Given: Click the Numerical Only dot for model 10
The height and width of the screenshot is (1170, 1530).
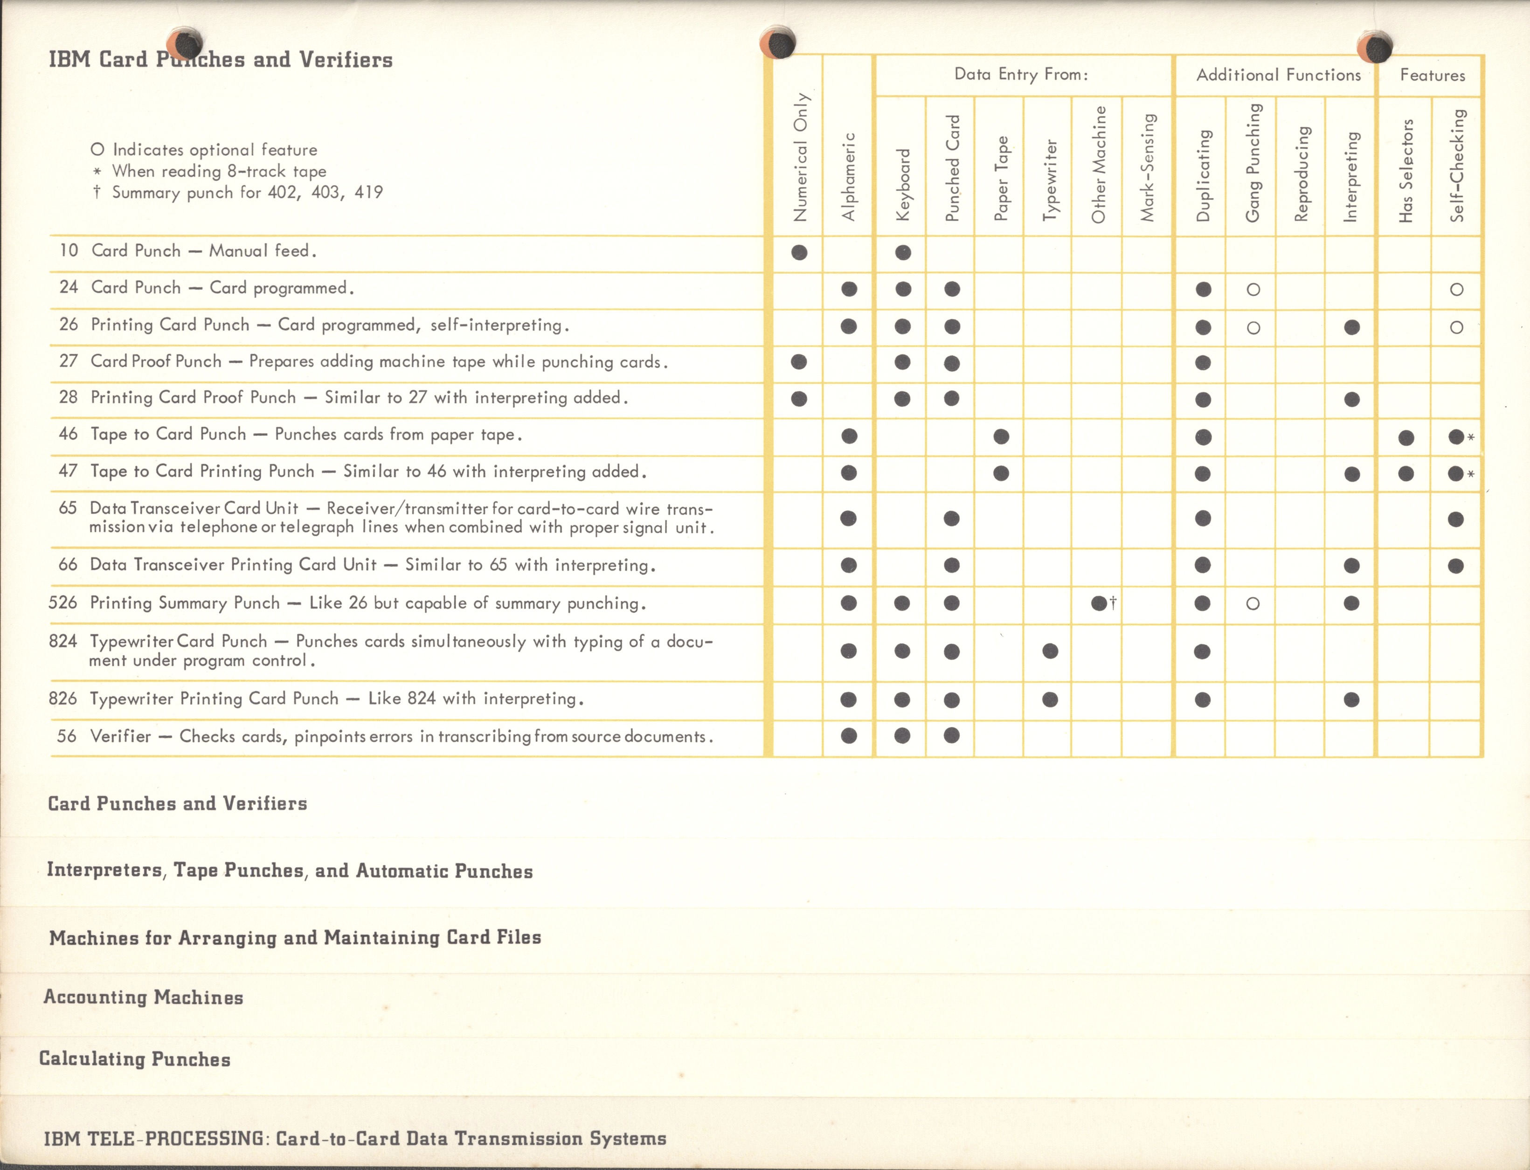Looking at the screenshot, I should click(799, 252).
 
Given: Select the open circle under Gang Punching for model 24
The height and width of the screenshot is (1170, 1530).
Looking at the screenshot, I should click(1253, 290).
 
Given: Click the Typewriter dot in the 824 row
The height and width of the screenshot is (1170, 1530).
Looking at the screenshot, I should click(1050, 651).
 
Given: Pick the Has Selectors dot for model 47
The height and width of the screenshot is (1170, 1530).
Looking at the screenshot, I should click(1406, 474).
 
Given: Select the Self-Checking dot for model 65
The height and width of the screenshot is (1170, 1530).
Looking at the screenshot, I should click(1455, 519).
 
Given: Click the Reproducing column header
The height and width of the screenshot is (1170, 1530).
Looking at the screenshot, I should click(1301, 174).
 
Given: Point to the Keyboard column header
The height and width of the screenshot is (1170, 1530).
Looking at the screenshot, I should click(902, 185).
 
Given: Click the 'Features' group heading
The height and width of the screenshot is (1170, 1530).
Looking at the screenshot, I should click(1433, 75).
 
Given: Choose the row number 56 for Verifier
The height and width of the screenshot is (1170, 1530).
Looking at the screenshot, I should click(67, 736).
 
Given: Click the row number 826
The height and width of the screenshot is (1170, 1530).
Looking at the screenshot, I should click(62, 699).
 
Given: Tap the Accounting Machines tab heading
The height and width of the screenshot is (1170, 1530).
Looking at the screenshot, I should click(144, 997).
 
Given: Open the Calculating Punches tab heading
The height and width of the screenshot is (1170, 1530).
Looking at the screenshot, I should click(134, 1059).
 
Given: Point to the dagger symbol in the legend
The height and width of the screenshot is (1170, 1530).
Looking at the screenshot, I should click(97, 192).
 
